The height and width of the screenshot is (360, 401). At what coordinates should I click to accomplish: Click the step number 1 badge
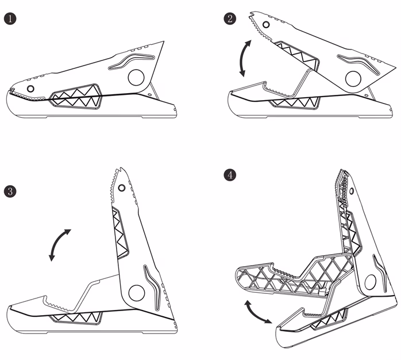[10, 19]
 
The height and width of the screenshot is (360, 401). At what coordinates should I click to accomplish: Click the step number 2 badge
[230, 19]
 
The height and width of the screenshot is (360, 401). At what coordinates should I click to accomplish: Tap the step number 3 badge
[10, 192]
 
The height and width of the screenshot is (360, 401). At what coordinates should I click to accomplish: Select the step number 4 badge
[230, 175]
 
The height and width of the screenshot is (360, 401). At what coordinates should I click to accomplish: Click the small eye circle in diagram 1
[30, 89]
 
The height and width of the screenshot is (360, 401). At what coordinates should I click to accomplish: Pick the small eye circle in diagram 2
[266, 25]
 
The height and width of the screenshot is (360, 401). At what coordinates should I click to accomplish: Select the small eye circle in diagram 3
[122, 188]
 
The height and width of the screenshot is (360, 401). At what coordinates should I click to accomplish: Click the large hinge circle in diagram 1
[136, 78]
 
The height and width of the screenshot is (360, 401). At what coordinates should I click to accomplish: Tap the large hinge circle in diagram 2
[353, 79]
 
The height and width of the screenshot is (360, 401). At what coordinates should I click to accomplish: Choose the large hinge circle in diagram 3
[137, 293]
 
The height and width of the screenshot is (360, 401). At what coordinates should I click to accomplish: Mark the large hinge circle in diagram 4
[371, 282]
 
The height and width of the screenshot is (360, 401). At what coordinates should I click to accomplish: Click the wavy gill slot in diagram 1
[131, 61]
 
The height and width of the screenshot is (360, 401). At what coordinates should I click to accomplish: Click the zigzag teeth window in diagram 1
[76, 97]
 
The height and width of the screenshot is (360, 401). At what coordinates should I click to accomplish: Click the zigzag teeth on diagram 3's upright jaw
[119, 233]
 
